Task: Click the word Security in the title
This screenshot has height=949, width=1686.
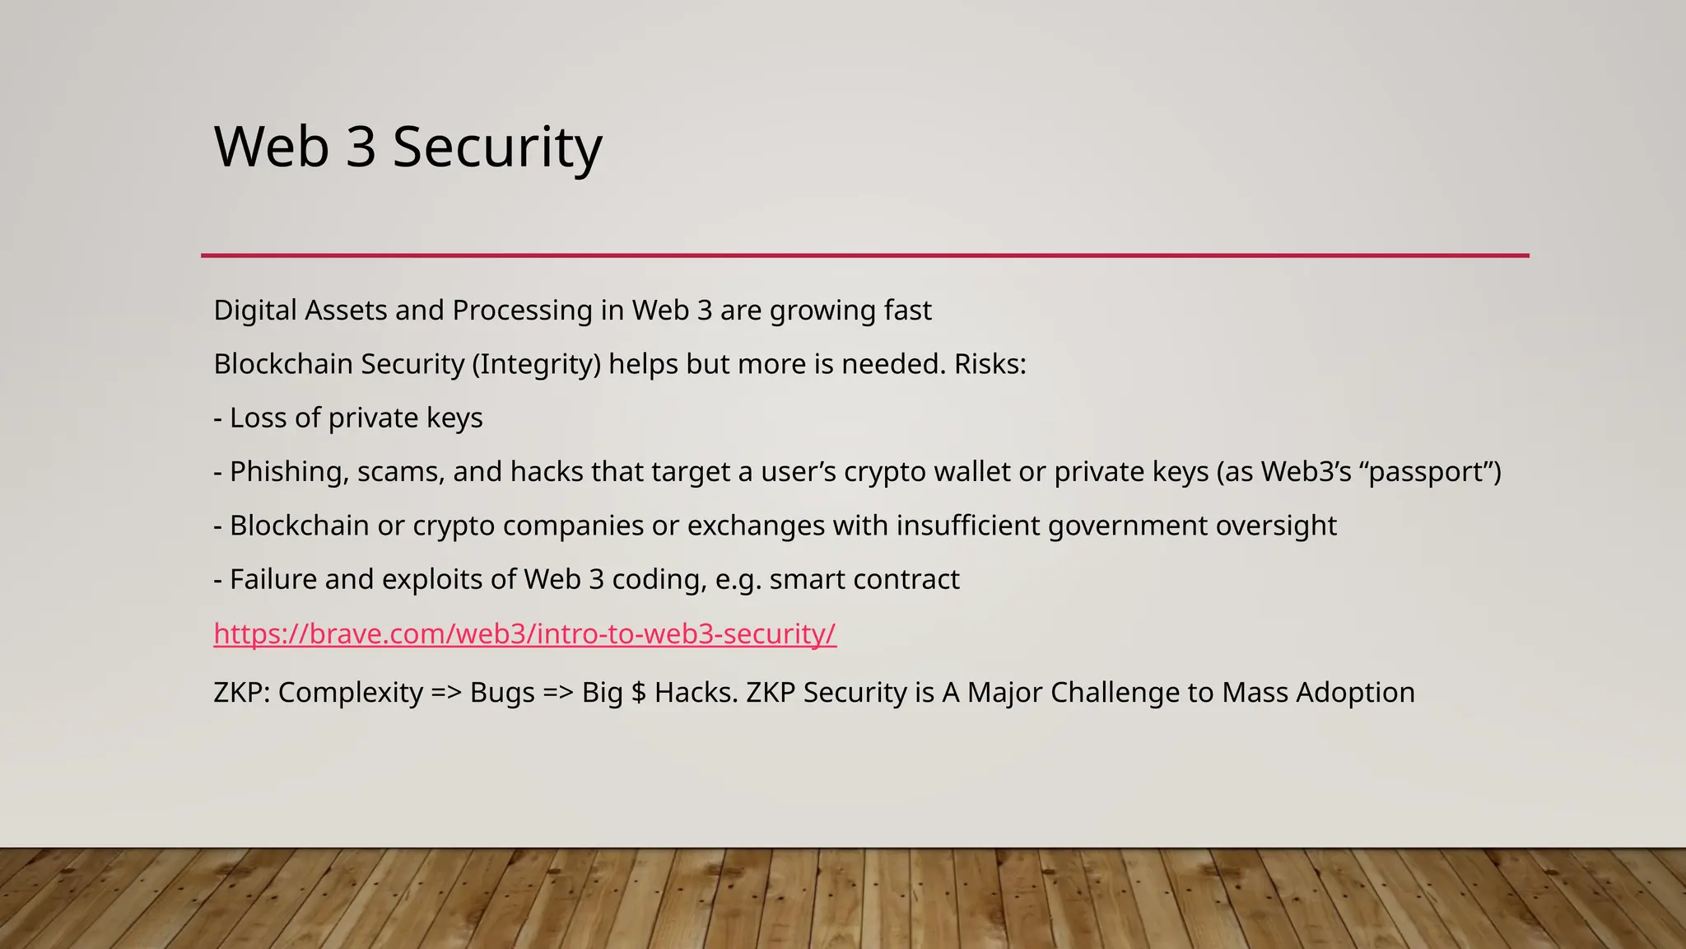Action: tap(497, 147)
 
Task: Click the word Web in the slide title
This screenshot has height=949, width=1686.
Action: tap(272, 147)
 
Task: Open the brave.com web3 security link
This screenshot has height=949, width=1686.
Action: tap(524, 633)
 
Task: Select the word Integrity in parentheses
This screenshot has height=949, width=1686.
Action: tap(537, 364)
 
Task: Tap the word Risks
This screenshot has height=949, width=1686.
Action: tap(989, 364)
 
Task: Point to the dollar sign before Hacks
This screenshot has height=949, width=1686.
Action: tap(638, 693)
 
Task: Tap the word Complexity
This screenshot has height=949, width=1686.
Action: tap(350, 693)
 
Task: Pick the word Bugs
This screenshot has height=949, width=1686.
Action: tap(502, 693)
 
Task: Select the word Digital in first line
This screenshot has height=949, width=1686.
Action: tap(254, 311)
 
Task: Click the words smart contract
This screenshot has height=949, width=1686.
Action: tap(864, 580)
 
